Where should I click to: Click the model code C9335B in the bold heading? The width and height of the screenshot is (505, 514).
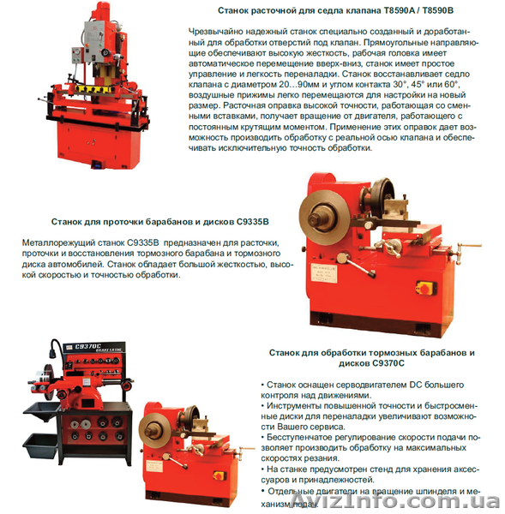[252, 222]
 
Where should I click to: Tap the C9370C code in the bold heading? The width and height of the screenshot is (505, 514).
[388, 363]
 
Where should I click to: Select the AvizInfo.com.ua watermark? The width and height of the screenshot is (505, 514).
[396, 501]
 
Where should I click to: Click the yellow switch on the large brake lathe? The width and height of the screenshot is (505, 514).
[426, 288]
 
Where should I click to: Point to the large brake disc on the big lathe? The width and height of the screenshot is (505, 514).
[324, 217]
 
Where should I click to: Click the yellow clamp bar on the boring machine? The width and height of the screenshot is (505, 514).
[91, 89]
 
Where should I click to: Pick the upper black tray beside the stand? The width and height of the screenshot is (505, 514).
[41, 411]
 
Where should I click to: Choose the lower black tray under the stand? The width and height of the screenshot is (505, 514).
[40, 445]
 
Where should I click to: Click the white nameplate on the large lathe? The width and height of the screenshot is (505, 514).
[323, 272]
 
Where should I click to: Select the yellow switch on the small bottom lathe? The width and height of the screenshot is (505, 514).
[219, 475]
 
